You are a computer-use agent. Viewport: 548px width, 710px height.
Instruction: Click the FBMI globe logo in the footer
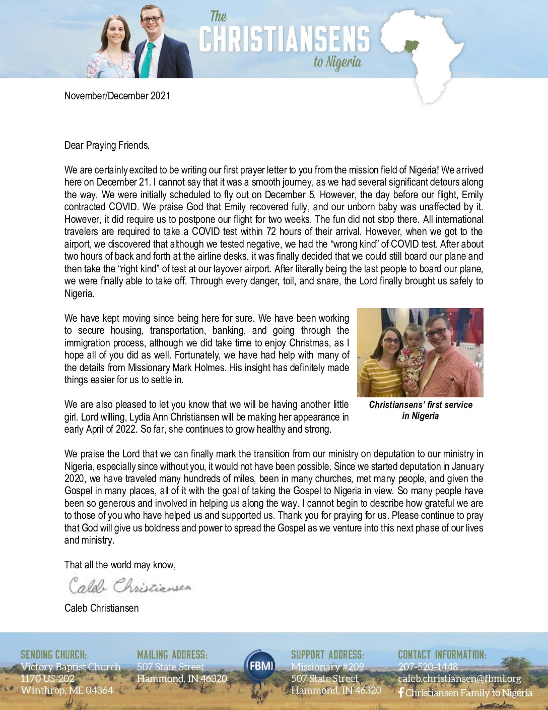pos(260,666)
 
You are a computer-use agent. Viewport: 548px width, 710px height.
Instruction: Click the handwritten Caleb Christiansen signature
pos(130,586)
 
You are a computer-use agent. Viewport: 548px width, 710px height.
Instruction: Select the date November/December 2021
pos(117,96)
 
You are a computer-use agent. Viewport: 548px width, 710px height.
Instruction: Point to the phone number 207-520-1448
pos(428,667)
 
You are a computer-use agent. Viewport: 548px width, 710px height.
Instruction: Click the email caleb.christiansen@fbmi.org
pos(459,679)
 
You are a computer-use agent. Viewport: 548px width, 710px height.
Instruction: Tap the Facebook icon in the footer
pos(401,693)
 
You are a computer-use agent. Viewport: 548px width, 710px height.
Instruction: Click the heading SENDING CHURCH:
pos(53,655)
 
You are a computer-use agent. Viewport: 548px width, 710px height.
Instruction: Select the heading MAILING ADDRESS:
pos(172,655)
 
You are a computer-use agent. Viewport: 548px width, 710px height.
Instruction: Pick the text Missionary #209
pos(327,667)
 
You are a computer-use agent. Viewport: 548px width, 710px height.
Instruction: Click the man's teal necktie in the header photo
pos(147,60)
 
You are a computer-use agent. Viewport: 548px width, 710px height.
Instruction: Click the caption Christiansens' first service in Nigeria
pos(421,410)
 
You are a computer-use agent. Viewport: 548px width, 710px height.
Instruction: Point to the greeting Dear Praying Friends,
pos(107,145)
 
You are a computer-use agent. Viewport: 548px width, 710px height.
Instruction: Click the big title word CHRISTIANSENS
pos(285,39)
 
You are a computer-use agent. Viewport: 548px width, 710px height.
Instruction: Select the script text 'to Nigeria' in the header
pos(337,62)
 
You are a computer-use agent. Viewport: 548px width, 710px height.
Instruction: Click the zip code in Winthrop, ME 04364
pos(97,690)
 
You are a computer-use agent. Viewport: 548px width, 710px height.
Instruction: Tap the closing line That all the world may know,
pos(120,565)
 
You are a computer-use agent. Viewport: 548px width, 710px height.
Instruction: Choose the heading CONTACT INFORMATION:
pos(442,655)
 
